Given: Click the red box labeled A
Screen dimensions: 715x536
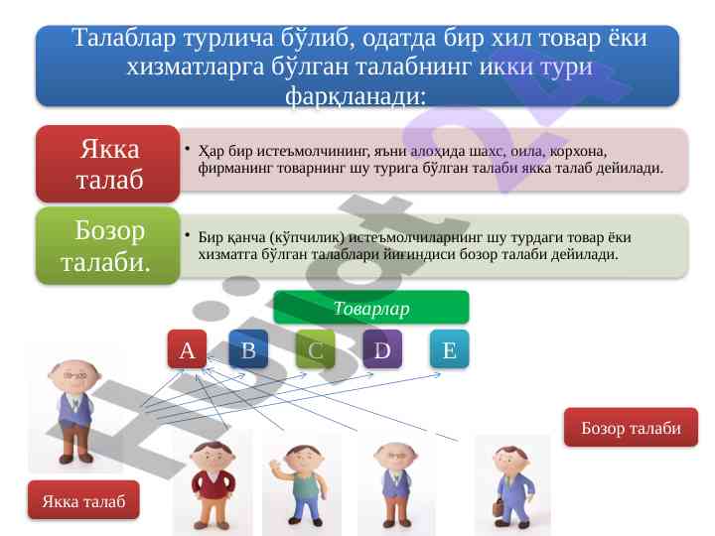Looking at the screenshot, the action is [x=187, y=349].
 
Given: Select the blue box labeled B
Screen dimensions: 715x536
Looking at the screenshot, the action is [x=248, y=349].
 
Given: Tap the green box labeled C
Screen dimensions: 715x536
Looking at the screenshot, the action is [x=315, y=349].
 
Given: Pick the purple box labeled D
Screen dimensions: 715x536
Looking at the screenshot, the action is [x=382, y=349].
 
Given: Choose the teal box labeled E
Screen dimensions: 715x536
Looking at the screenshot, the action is [x=449, y=349].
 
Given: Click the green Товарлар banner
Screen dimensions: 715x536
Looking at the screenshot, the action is [x=370, y=308].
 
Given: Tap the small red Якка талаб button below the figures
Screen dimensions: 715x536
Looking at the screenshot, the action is [x=83, y=500].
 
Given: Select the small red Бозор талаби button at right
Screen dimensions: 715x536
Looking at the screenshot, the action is [x=631, y=428].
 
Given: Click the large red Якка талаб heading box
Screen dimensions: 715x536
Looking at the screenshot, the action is [x=108, y=164].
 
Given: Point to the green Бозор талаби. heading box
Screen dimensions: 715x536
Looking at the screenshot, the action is [x=108, y=246].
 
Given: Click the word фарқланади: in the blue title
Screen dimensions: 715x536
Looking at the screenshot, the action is [x=356, y=96].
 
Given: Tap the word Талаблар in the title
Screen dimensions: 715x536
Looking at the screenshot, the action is [x=123, y=38].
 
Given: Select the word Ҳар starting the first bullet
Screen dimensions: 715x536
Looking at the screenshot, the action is [x=212, y=151].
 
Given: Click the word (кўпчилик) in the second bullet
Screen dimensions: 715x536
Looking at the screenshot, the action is [x=307, y=238].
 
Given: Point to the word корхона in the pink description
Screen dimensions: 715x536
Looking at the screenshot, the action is [x=578, y=152].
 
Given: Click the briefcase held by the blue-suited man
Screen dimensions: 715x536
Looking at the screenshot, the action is [x=499, y=507].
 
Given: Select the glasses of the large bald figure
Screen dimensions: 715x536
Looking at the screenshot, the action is [x=74, y=375].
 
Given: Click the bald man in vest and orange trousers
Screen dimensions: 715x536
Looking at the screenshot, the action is [x=395, y=485].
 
